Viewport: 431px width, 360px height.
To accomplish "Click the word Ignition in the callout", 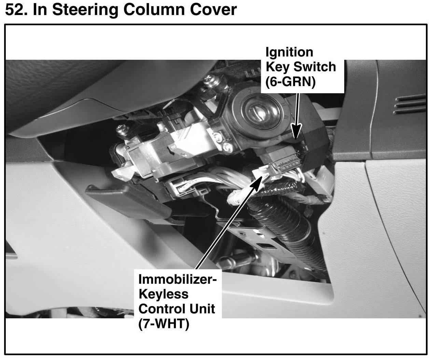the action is coord(289,52).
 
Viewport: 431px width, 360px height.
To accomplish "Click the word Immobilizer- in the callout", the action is coord(178,279).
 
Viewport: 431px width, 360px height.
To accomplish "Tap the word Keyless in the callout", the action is coord(163,294).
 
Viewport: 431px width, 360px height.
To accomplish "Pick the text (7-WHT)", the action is coord(164,324).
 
